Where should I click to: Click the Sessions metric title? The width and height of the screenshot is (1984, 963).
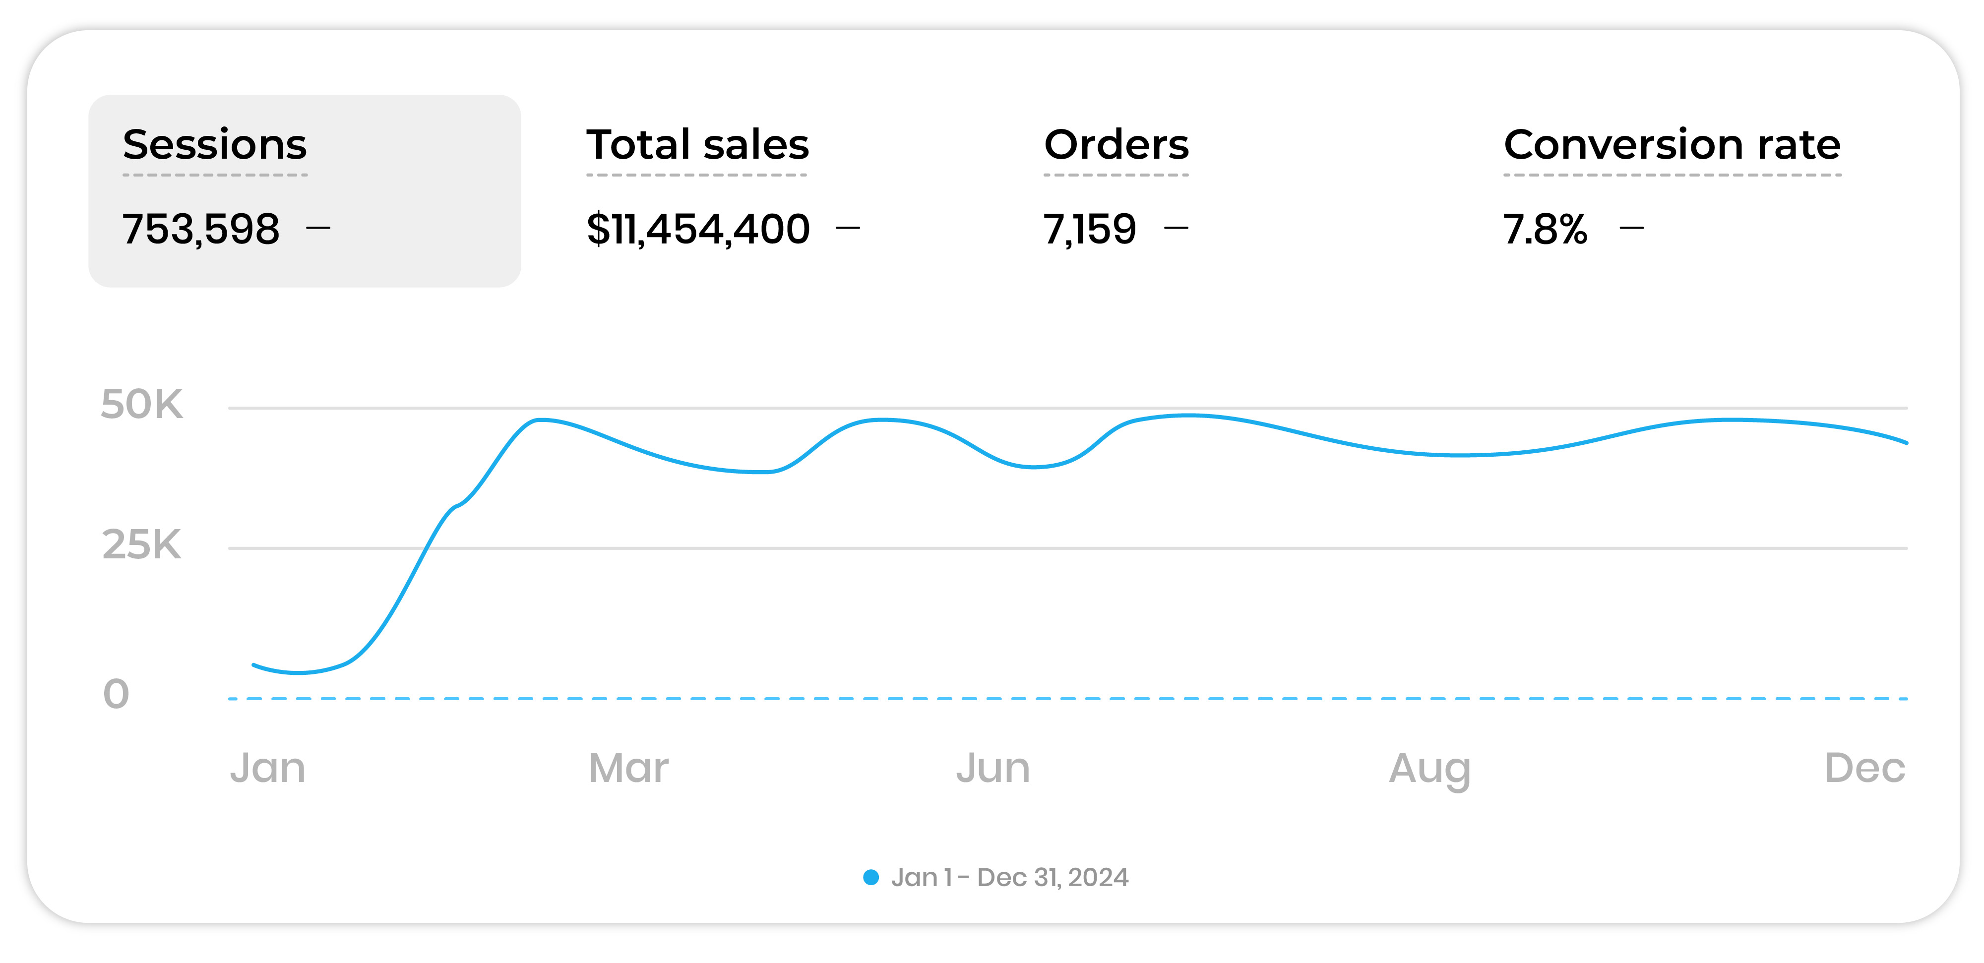click(215, 145)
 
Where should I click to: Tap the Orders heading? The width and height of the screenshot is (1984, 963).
click(1116, 145)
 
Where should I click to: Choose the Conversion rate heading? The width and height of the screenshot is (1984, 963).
click(1672, 145)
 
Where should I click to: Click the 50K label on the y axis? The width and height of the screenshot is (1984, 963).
click(142, 405)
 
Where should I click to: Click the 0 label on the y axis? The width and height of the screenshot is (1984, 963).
click(116, 694)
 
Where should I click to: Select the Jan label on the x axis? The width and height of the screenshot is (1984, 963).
click(267, 768)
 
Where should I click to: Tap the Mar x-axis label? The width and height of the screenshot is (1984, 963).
click(628, 768)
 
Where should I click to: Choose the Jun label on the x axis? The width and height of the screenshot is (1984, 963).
click(993, 768)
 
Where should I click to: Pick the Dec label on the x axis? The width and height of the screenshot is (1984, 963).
click(1864, 768)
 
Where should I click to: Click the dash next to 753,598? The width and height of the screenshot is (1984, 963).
click(318, 228)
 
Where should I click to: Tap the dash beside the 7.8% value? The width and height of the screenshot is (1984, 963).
click(1631, 228)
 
